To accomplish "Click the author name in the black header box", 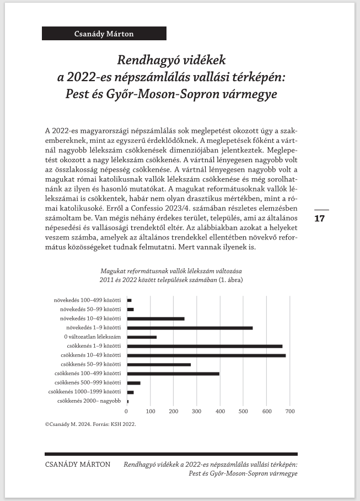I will (x=104, y=34).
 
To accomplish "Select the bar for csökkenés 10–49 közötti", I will (x=206, y=355).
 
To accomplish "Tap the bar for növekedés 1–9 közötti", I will (x=190, y=328).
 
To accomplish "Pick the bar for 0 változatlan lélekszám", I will (x=142, y=337).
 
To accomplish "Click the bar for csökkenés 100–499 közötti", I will (x=173, y=374).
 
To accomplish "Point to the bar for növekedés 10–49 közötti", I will (x=155, y=319).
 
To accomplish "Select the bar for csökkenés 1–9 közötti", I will (x=205, y=347).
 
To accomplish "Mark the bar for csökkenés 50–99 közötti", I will (x=159, y=365).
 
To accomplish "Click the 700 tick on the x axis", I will (x=290, y=411).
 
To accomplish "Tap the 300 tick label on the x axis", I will (x=197, y=411).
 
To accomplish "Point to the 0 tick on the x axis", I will (x=127, y=411).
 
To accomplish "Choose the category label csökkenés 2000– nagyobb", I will (x=89, y=401).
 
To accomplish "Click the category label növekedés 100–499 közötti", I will (x=87, y=301).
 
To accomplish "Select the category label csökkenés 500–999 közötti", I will (x=88, y=382).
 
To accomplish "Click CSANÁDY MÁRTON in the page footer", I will (x=77, y=465).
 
